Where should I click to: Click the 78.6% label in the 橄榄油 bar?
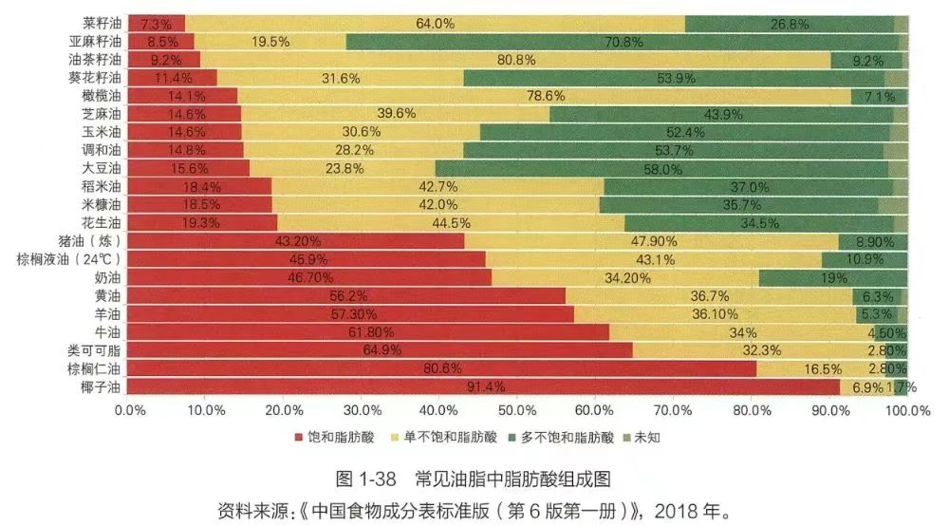pos(547,96)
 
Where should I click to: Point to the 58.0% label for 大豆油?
pos(662,169)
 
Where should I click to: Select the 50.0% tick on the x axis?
pos(518,410)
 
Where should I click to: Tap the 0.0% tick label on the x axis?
pos(129,410)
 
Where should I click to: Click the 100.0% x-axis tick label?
pos(907,410)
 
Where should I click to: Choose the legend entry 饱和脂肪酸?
pos(334,438)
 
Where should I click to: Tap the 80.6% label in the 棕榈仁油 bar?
pos(443,369)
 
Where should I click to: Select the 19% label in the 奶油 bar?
pos(833,278)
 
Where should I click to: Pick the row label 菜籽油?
pos(102,23)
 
